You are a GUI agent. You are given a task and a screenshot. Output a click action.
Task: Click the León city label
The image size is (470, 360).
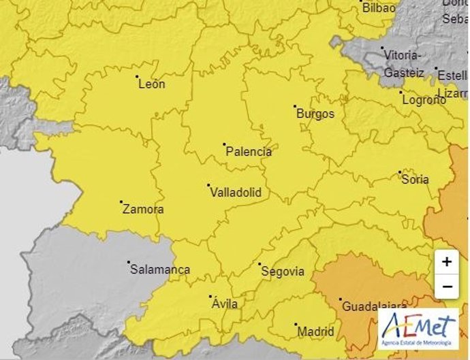coord(151,84)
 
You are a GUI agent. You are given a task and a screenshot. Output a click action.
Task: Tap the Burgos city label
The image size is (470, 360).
coord(315,114)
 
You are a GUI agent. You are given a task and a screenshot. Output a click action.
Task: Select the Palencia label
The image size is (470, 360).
coord(248,152)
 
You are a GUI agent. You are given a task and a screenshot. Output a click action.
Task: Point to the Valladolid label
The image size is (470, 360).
coord(236,192)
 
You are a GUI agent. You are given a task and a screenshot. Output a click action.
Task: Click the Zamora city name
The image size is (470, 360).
coord(143,209)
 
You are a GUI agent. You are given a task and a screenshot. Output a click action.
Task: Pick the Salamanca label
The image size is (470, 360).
coord(159,269)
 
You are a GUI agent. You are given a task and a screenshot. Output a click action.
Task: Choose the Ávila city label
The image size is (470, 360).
coord(225,304)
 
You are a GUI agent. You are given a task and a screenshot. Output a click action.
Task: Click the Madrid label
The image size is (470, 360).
coord(316,331)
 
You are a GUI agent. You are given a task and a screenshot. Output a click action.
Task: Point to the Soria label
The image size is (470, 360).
coord(416,180)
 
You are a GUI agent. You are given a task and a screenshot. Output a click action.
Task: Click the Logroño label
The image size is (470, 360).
coord(423,99)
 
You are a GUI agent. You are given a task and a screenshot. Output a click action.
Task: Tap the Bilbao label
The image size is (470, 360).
coord(379,8)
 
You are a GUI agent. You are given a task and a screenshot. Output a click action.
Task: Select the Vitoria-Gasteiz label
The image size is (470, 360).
coord(403,63)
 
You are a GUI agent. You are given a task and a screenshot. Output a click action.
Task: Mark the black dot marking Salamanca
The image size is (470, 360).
coord(128,262)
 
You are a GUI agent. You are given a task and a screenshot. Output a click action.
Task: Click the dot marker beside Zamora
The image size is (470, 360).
coord(121,202)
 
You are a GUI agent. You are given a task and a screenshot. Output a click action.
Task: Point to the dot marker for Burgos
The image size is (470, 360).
coord(295,106)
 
